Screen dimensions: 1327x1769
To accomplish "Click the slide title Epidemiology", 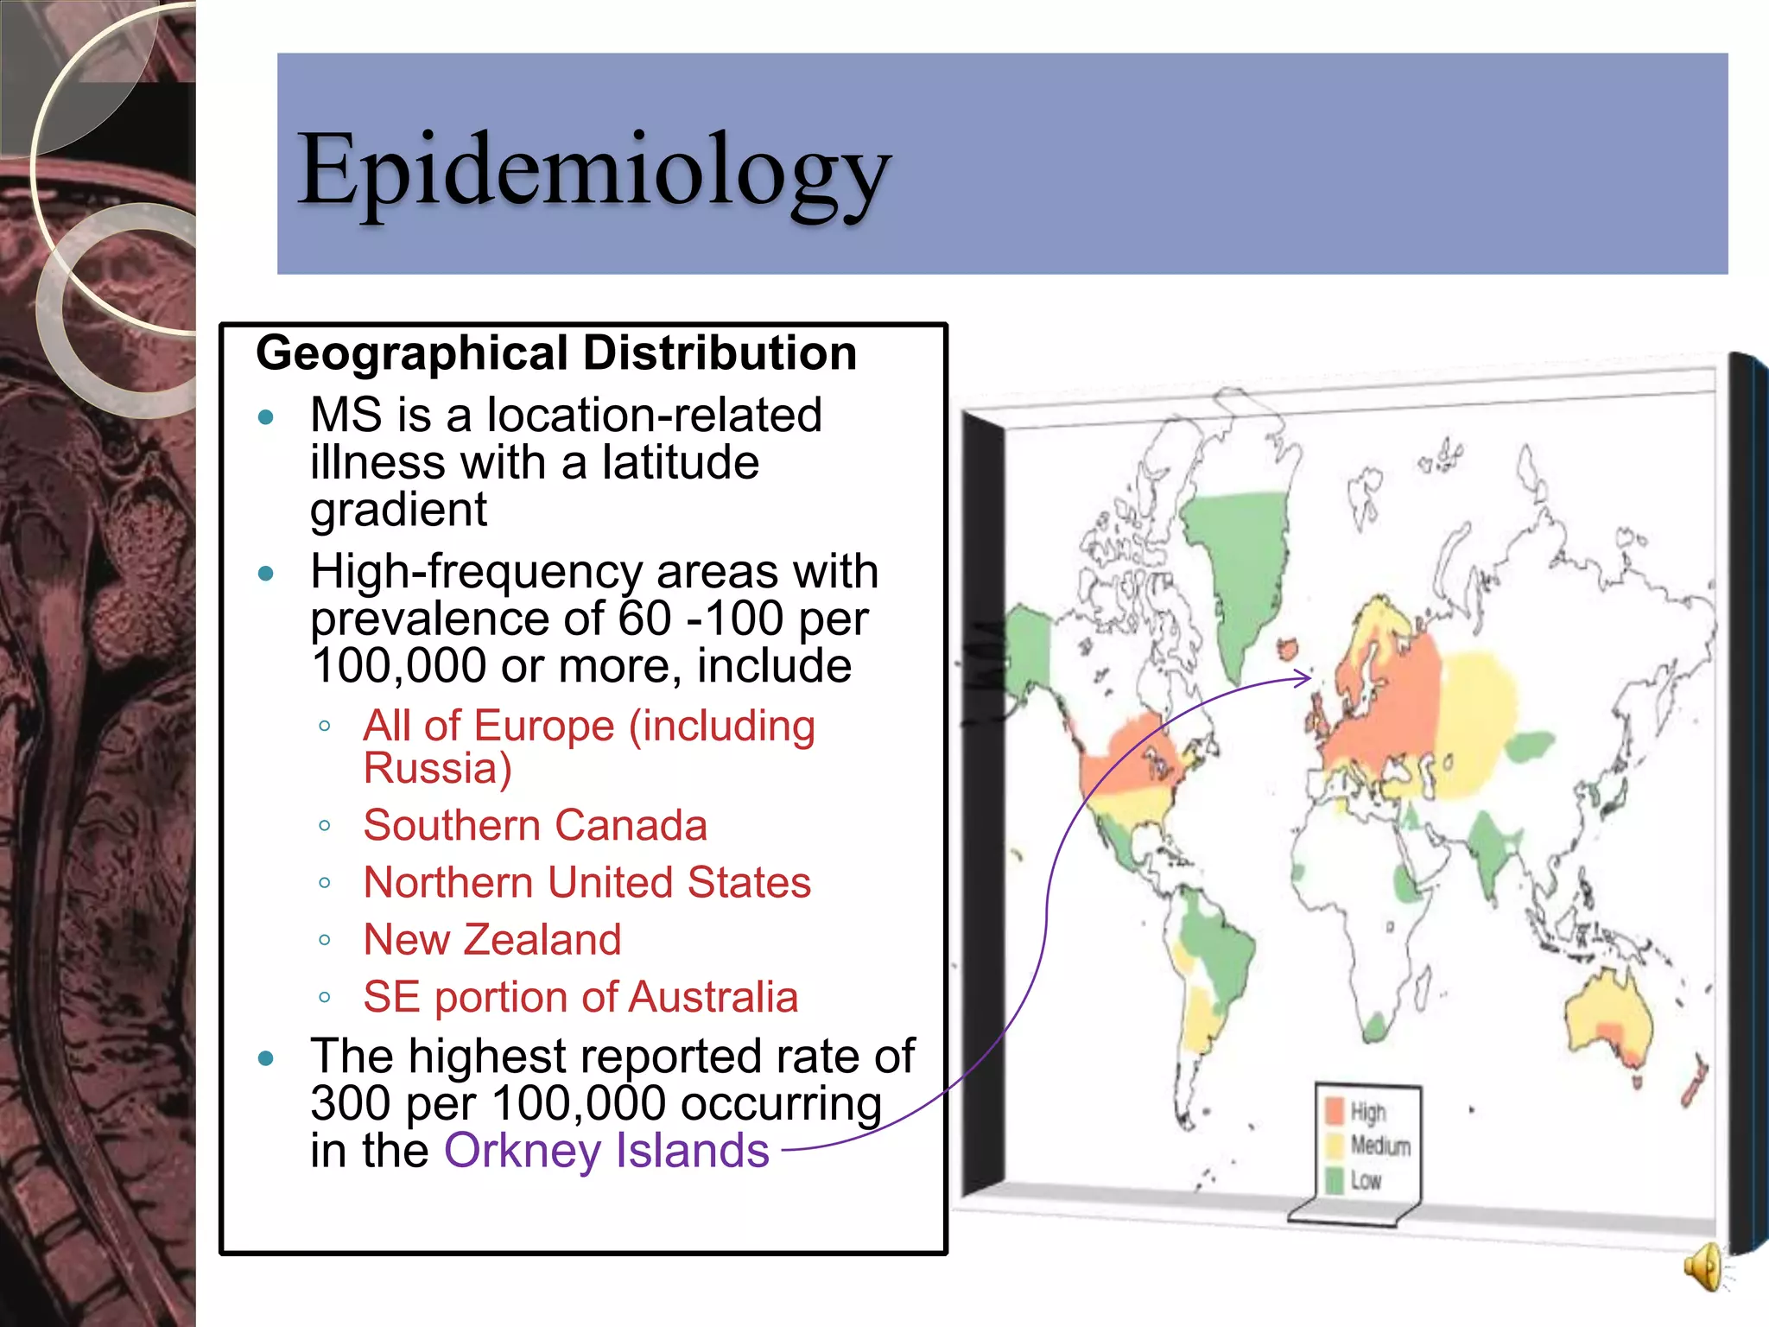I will point(593,169).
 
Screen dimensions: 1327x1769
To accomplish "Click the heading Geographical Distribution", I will point(556,353).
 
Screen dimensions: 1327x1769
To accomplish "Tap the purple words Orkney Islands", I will point(606,1151).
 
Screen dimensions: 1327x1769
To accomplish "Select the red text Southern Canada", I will point(535,825).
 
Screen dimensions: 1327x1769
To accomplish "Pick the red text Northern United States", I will point(587,882).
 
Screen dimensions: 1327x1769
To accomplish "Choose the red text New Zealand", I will point(492,939).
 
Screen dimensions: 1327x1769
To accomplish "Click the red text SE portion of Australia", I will point(580,997).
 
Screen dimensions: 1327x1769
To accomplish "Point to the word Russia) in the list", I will point(438,768).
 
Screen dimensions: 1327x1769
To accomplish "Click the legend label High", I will point(1368,1112).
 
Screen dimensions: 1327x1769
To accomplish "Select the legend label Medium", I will point(1380,1146).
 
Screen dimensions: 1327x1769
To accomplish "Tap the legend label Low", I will point(1366,1181).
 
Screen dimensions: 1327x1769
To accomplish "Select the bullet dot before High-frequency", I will point(266,574).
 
